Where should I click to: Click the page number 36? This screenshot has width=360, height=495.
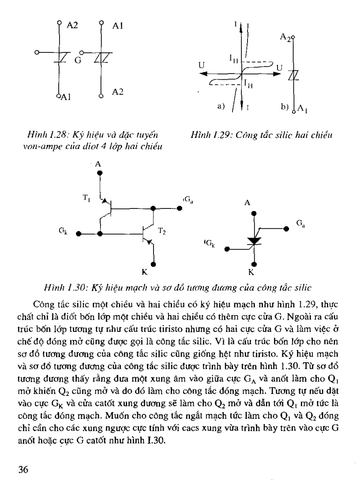click(x=22, y=469)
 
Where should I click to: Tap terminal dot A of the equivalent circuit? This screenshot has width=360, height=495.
click(x=100, y=174)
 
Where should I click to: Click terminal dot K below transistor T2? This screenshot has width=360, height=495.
click(x=154, y=264)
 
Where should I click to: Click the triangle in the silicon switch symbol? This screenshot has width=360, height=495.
click(x=255, y=241)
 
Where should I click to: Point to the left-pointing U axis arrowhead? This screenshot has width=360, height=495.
click(x=204, y=74)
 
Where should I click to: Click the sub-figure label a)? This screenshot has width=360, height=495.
click(x=221, y=106)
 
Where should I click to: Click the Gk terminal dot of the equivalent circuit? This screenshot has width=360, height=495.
click(x=78, y=234)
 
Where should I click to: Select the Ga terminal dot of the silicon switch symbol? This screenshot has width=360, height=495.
click(x=286, y=229)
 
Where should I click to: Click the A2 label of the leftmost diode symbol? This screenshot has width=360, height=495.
click(x=72, y=26)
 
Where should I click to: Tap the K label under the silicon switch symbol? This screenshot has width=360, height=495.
click(x=254, y=272)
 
